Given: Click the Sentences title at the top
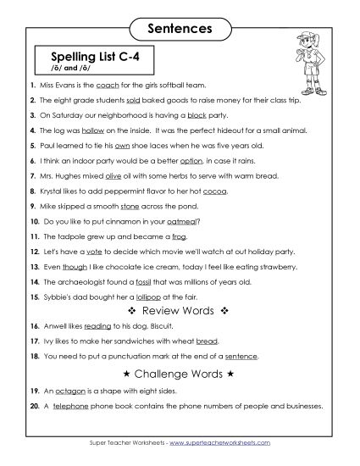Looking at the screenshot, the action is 180,28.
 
